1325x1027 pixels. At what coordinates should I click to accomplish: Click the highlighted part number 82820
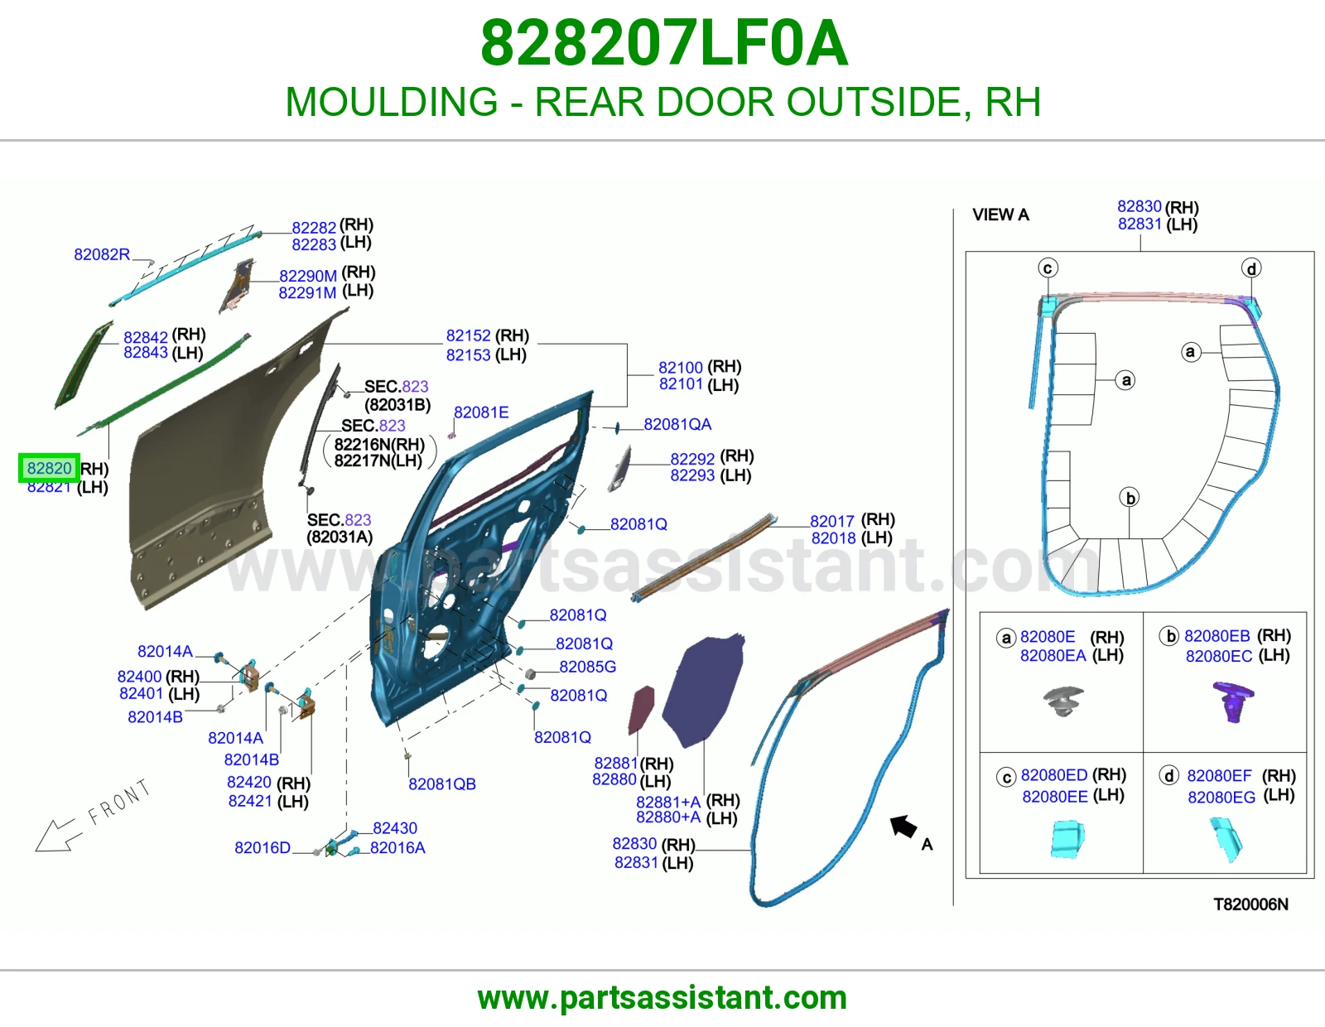50,468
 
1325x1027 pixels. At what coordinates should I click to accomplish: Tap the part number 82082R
102,254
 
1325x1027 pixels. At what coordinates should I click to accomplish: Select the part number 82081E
481,412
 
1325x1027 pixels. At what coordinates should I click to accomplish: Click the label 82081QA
677,424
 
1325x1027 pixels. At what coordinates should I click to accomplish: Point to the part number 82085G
587,667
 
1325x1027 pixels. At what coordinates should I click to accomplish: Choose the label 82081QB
442,784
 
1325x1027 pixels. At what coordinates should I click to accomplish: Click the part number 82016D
263,848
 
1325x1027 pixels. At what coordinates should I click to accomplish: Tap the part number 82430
395,828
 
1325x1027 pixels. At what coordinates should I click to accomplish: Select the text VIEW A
1000,215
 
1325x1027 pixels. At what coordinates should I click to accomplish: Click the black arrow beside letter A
903,827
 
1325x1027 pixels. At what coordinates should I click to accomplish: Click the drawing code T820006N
1250,904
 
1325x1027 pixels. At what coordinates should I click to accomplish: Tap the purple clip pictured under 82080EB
1233,702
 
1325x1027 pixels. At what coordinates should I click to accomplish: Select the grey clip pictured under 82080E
1063,702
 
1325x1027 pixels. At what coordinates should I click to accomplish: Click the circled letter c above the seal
1048,268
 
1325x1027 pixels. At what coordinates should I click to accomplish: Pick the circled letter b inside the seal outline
1130,498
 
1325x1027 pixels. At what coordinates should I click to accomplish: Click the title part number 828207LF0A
664,44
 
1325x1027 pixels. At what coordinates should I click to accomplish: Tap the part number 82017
832,522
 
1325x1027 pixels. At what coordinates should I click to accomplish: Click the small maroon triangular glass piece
641,710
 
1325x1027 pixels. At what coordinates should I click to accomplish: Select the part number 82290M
308,276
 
